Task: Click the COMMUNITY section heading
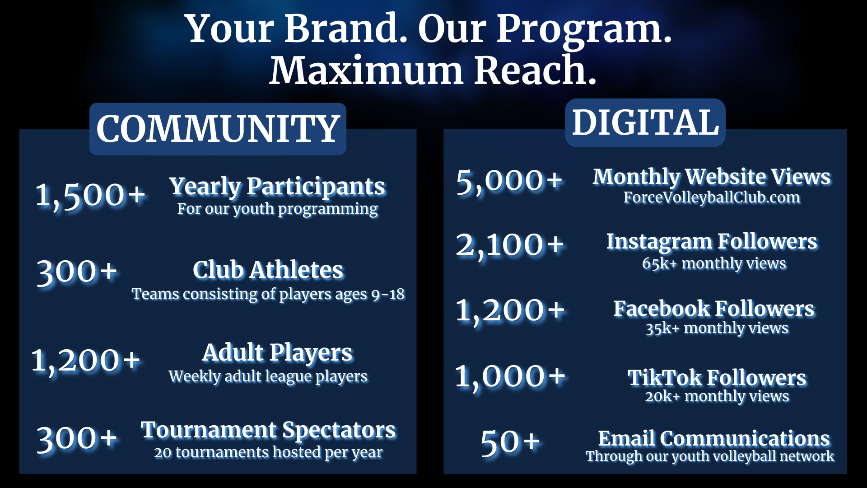coord(218,129)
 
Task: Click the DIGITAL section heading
coord(645,122)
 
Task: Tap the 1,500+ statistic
coord(90,196)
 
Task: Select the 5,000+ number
coord(509,181)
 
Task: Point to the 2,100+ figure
coord(510,245)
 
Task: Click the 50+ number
coord(510,442)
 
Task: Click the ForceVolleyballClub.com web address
coord(712,197)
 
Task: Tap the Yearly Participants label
coord(277,187)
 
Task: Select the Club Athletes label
coord(268,270)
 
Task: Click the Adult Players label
coord(277,353)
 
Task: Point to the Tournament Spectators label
coord(268,430)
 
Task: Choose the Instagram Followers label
coord(712,242)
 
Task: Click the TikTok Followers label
coord(717,378)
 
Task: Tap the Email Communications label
coord(714,438)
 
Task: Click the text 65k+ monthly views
coord(714,263)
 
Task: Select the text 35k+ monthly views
coord(717,328)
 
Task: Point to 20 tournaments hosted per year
coord(268,452)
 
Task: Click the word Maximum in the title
coord(366,70)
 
